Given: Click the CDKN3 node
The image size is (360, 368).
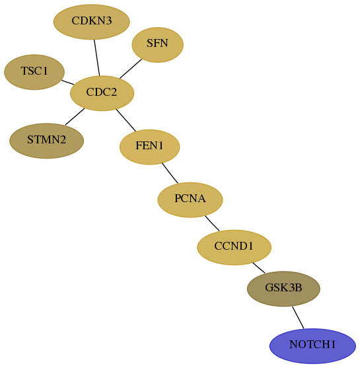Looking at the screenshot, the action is (92, 22).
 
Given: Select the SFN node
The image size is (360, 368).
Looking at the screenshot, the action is (157, 45).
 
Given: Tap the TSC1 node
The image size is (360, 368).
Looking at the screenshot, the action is (34, 72).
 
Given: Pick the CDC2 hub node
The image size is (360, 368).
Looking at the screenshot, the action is (102, 93).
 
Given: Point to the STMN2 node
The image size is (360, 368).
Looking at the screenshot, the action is (46, 141).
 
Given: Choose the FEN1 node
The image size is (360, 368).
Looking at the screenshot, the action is (150, 147).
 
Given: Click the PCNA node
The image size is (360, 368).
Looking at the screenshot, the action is (190, 200).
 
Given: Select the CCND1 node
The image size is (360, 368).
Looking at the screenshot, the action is (234, 247).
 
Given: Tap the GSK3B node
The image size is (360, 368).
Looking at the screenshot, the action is (283, 289).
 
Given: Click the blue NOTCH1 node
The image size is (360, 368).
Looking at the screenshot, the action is (312, 346).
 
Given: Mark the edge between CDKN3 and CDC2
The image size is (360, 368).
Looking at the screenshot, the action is (97, 57).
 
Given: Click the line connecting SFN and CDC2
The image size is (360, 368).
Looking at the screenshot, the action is (131, 69).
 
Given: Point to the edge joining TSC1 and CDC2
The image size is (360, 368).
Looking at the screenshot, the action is (68, 82).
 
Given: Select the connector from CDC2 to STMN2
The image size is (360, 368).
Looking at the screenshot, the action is (75, 117).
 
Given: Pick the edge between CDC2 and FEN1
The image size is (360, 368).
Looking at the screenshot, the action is (126, 120).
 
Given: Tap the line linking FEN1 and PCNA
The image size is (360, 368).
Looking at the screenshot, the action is (170, 173).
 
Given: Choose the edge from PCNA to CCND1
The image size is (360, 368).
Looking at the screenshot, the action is (212, 223).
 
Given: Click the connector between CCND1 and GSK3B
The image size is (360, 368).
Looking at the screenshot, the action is (259, 268).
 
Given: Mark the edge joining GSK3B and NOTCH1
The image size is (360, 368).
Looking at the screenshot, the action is (298, 318).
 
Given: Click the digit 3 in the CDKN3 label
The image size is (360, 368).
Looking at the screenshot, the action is (108, 20).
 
